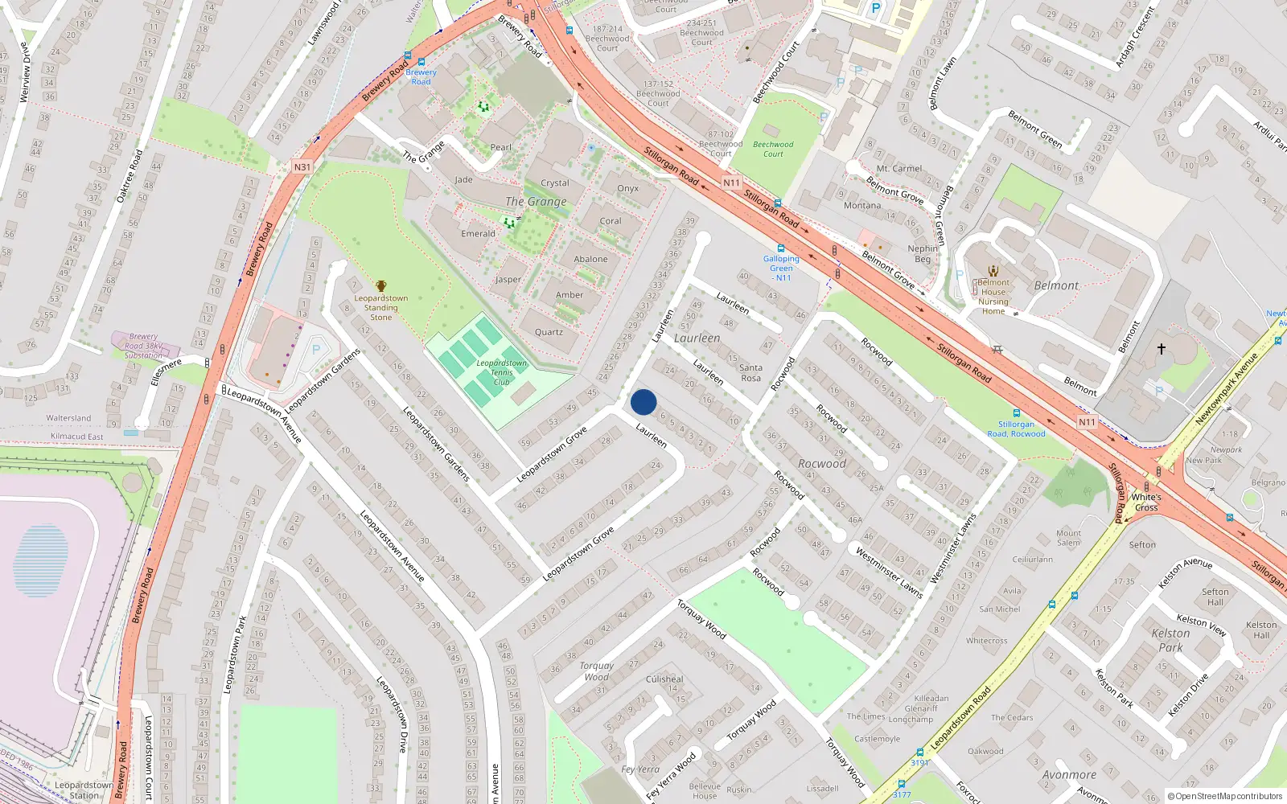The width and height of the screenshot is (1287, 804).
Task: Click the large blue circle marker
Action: point(643,402)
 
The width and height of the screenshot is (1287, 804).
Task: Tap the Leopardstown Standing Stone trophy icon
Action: point(381,285)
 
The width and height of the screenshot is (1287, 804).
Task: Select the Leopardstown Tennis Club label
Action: point(502,372)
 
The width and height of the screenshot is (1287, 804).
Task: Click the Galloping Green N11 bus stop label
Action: point(781,269)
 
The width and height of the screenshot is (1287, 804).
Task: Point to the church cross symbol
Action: point(1161,349)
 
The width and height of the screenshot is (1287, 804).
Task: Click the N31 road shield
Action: point(302,167)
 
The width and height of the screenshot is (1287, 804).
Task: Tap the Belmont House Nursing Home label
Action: point(993,297)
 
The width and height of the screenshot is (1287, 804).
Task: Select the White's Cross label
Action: point(1146,503)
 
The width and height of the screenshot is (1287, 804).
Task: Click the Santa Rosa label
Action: point(750,373)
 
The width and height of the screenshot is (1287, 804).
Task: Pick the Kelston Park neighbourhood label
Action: point(1170,640)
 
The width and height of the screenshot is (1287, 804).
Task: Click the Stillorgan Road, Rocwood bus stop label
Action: point(1016,429)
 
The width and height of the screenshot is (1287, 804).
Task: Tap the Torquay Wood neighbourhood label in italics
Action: point(596,671)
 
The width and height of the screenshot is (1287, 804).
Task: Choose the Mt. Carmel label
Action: point(899,169)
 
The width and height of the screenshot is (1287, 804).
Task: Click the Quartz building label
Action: point(549,332)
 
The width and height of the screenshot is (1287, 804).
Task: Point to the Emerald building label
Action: point(478,234)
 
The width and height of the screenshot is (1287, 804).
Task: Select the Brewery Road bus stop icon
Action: point(409,56)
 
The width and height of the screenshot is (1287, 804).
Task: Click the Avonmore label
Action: point(1069,775)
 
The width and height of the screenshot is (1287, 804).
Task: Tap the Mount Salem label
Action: point(1068,538)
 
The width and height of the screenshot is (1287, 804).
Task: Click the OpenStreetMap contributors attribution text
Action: point(1225,796)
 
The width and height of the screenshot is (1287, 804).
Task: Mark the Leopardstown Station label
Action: point(84,790)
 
